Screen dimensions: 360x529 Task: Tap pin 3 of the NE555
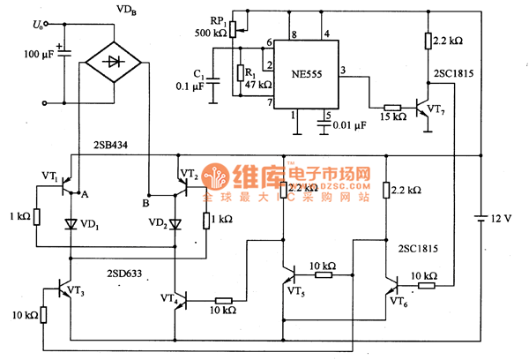(342, 70)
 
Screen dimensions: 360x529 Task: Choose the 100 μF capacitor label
(34, 55)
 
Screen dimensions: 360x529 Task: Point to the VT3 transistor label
(76, 290)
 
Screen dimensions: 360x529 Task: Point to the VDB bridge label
(126, 10)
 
